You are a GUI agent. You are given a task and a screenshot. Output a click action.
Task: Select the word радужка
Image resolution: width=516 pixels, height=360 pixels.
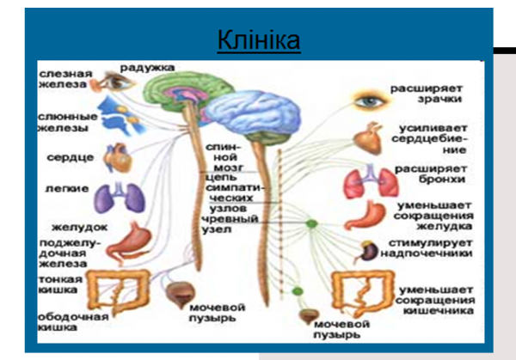click(147, 67)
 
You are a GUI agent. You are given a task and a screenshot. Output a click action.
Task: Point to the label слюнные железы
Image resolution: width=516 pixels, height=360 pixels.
click(63, 122)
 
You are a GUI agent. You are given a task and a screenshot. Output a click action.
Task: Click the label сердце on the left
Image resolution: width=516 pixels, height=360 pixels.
click(66, 158)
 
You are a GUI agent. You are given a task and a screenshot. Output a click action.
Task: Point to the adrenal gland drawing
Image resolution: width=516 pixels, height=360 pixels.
click(369, 251)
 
